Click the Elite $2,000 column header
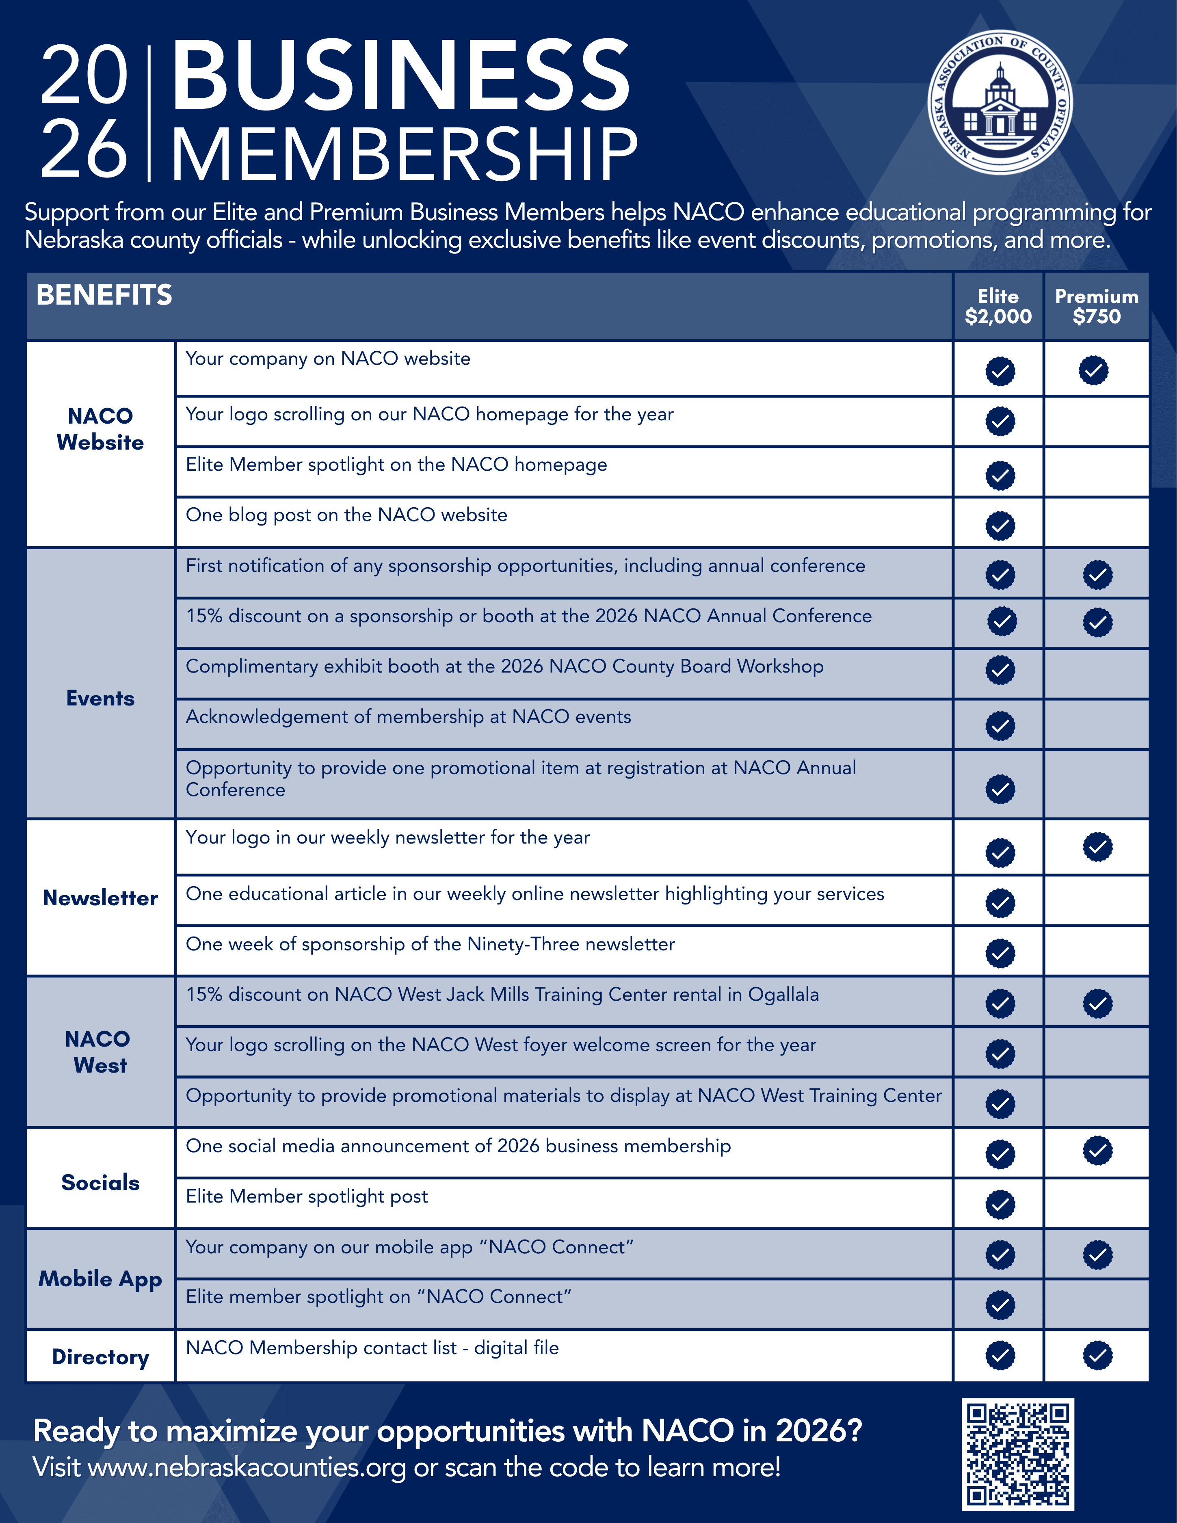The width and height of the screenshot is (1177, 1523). (998, 306)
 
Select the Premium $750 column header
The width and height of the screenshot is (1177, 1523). (1096, 306)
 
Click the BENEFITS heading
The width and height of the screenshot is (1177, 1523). (104, 295)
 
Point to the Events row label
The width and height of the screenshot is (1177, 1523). (100, 698)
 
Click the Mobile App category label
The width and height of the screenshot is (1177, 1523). (100, 1279)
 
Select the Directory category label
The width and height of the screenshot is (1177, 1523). (100, 1356)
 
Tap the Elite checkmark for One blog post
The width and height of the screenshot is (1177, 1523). (1000, 526)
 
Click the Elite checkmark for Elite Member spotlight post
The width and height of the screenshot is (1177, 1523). (1000, 1204)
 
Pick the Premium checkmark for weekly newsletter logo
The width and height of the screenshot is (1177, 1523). (1097, 846)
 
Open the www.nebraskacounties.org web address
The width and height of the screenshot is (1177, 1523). (247, 1467)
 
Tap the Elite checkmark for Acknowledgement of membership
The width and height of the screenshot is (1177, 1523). (1000, 726)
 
